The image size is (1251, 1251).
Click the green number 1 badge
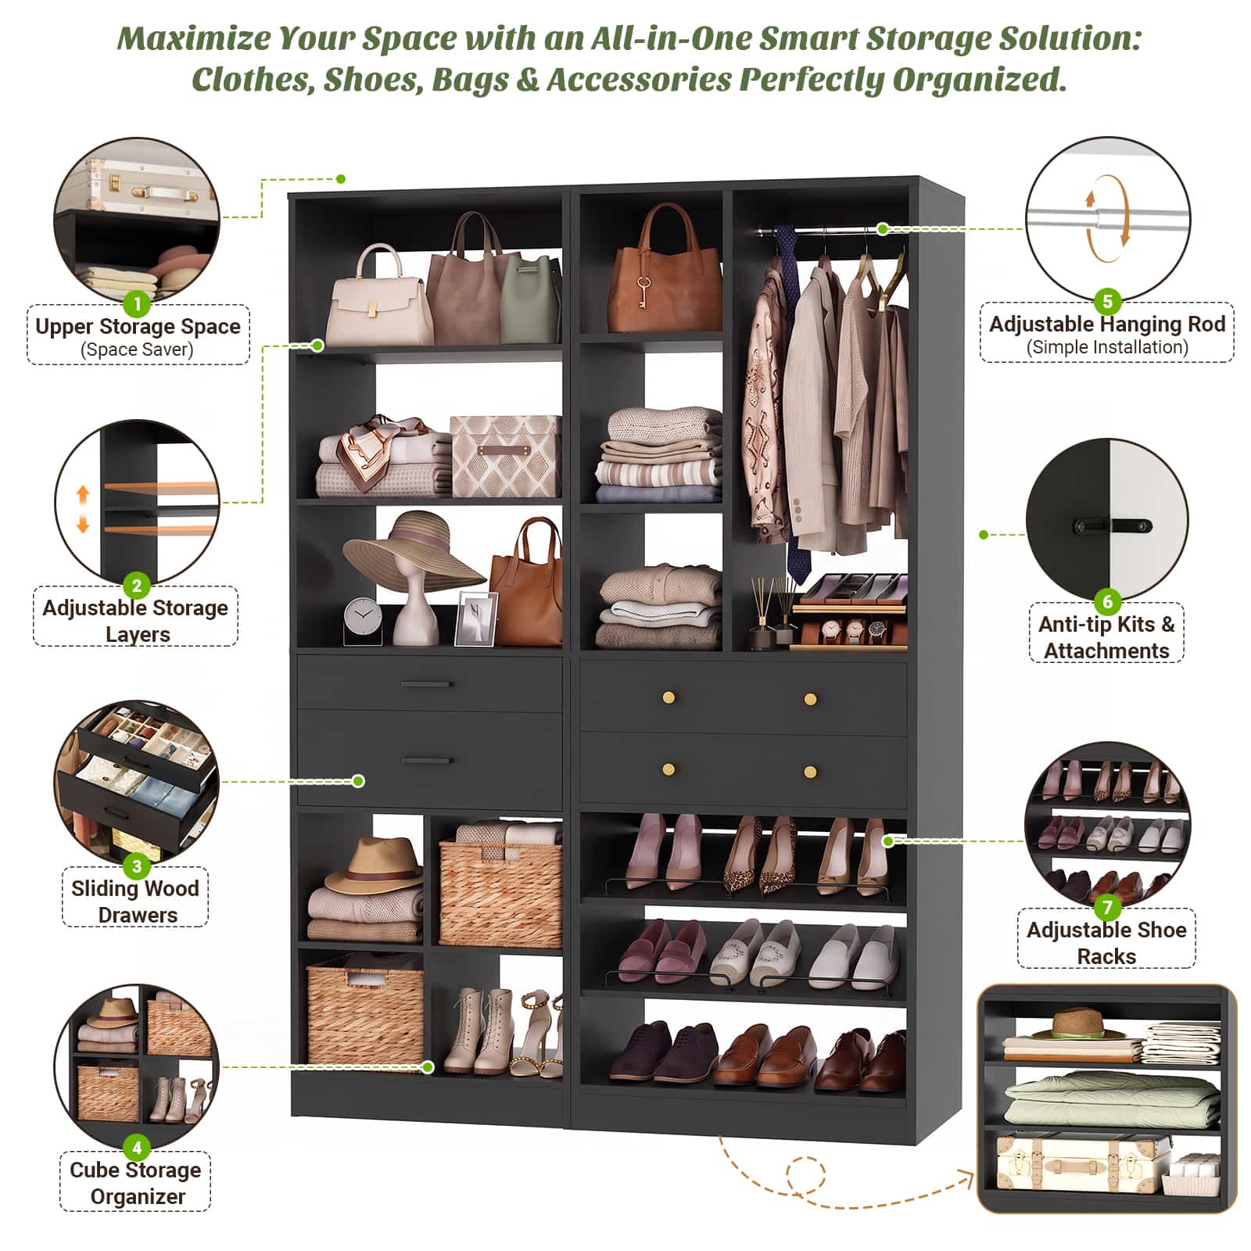pos(137,303)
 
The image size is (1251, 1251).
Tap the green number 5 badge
pos(1107,301)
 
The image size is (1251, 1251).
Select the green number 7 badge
pos(1107,907)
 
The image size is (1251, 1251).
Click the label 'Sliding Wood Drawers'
pos(135,901)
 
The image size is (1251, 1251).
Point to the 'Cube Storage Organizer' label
pos(135,1182)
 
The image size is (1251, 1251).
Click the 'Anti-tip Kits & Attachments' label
pos(1106,636)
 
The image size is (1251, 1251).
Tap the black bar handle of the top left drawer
pos(426,684)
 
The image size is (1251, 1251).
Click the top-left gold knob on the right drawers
pos(669,697)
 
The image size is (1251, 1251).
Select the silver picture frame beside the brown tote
pos(476,618)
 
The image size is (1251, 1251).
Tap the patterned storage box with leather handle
pos(505,456)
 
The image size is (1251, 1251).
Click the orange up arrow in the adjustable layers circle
pos(83,495)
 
